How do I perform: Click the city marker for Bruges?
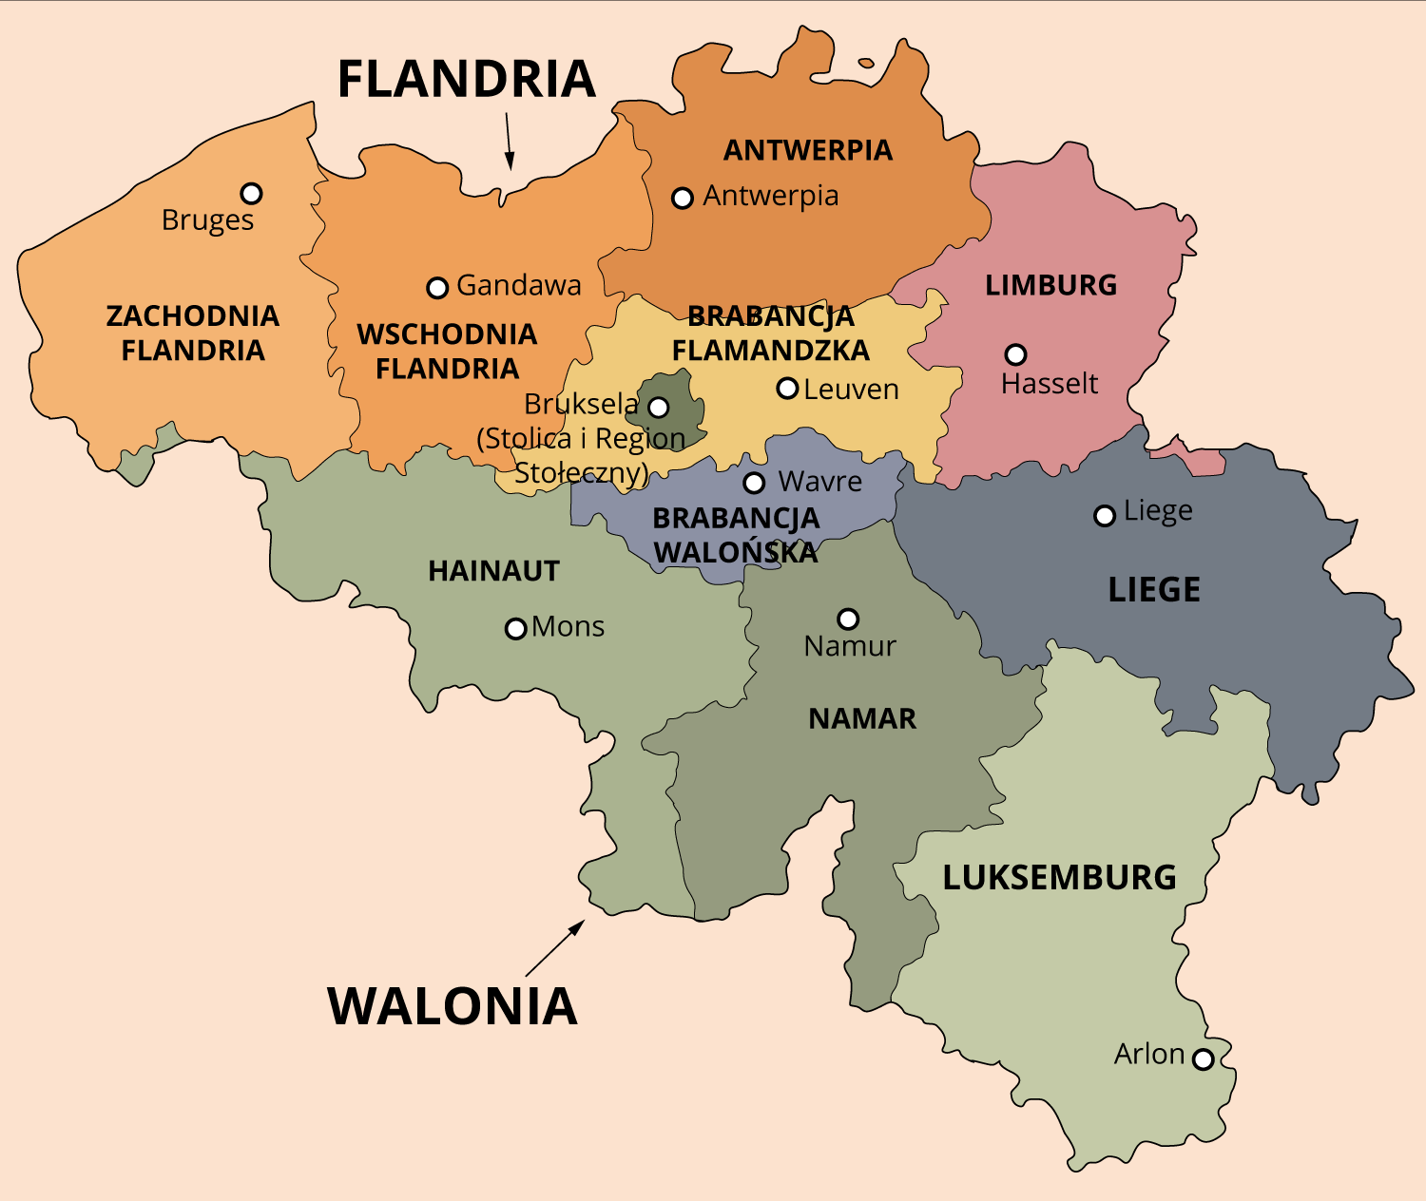click(251, 194)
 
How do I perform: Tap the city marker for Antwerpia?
click(683, 198)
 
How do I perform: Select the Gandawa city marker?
click(437, 287)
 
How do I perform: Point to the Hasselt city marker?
click(1016, 354)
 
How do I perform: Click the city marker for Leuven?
click(787, 388)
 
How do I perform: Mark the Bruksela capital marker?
click(658, 408)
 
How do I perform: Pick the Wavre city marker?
click(754, 483)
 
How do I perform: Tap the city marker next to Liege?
click(1105, 515)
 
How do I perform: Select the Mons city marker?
click(515, 628)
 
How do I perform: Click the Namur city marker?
click(848, 620)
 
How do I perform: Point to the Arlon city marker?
click(1204, 1058)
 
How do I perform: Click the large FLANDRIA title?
click(466, 79)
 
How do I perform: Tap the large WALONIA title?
click(453, 1006)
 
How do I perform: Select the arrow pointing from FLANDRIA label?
click(509, 141)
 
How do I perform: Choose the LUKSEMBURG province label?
click(1059, 877)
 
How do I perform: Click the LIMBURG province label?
click(1050, 285)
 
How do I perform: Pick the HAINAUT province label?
click(493, 571)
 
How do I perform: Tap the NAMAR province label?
click(862, 718)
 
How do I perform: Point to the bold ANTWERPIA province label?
click(807, 150)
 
